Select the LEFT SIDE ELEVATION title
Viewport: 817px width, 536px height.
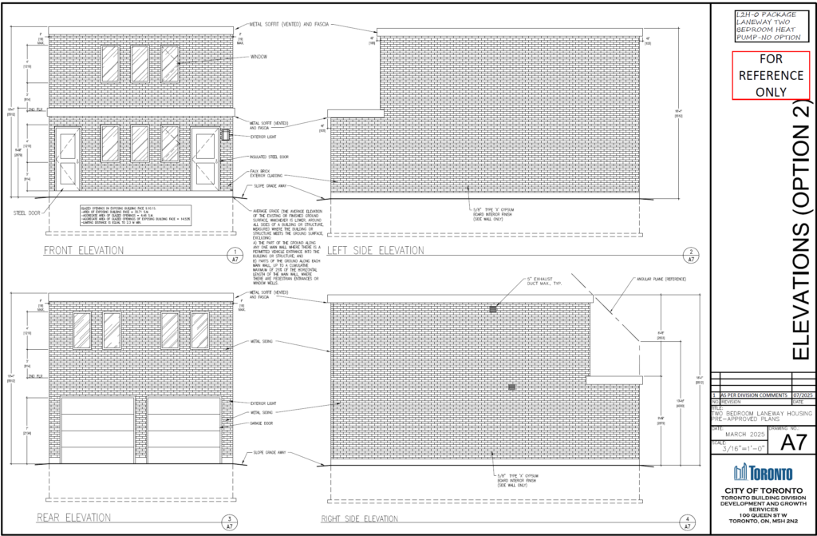375,250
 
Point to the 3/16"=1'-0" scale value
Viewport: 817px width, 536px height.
743,450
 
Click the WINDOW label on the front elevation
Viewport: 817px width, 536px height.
259,57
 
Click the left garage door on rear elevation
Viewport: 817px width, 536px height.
97,430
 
